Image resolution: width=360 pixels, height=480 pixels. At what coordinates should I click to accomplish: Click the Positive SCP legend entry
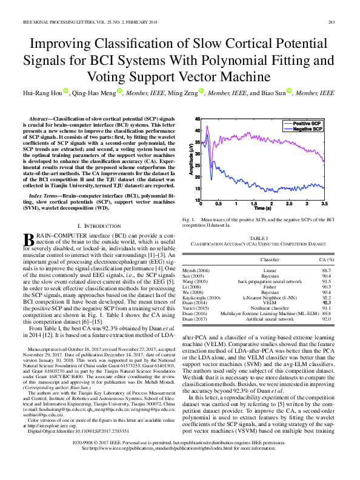(308, 123)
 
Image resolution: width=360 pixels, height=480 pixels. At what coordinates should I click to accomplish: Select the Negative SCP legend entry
(308, 129)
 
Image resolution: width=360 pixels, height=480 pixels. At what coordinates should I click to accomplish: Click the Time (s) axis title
(262, 209)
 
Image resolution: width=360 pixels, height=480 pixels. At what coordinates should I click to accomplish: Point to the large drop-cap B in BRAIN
(36, 241)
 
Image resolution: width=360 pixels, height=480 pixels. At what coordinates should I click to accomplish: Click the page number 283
(332, 22)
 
